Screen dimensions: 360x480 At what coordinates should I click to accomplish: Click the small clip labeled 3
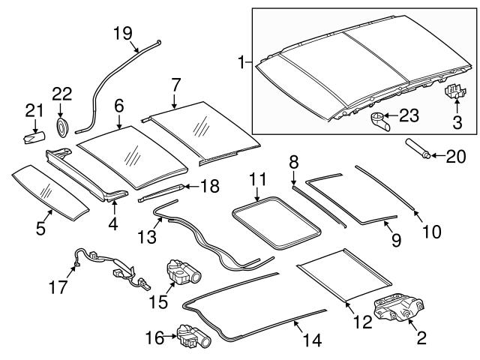pyautogui.click(x=453, y=91)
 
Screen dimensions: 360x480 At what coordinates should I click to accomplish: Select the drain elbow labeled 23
pyautogui.click(x=380, y=120)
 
